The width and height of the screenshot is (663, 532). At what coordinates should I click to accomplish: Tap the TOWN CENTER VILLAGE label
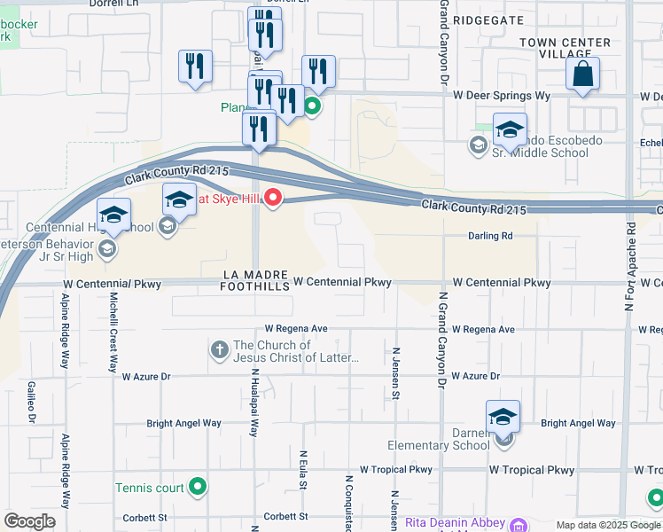pyautogui.click(x=577, y=48)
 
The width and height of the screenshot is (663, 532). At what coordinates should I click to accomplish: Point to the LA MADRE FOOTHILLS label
pyautogui.click(x=256, y=281)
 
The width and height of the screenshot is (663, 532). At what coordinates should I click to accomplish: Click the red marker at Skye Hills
pyautogui.click(x=274, y=198)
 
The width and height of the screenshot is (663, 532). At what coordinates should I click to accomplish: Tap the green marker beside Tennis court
pyautogui.click(x=199, y=487)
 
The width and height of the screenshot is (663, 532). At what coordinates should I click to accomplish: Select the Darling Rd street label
pyautogui.click(x=491, y=236)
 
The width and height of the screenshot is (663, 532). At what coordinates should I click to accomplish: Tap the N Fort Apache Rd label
pyautogui.click(x=630, y=265)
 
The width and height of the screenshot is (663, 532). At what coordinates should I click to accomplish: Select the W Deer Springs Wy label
pyautogui.click(x=501, y=95)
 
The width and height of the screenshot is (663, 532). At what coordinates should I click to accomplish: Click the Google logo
pyautogui.click(x=29, y=521)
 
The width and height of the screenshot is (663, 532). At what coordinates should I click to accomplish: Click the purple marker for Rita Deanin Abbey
pyautogui.click(x=519, y=523)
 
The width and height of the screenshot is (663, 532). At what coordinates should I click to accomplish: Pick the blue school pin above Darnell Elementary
pyautogui.click(x=503, y=418)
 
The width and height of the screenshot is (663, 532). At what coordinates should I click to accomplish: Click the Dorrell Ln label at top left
pyautogui.click(x=114, y=4)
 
